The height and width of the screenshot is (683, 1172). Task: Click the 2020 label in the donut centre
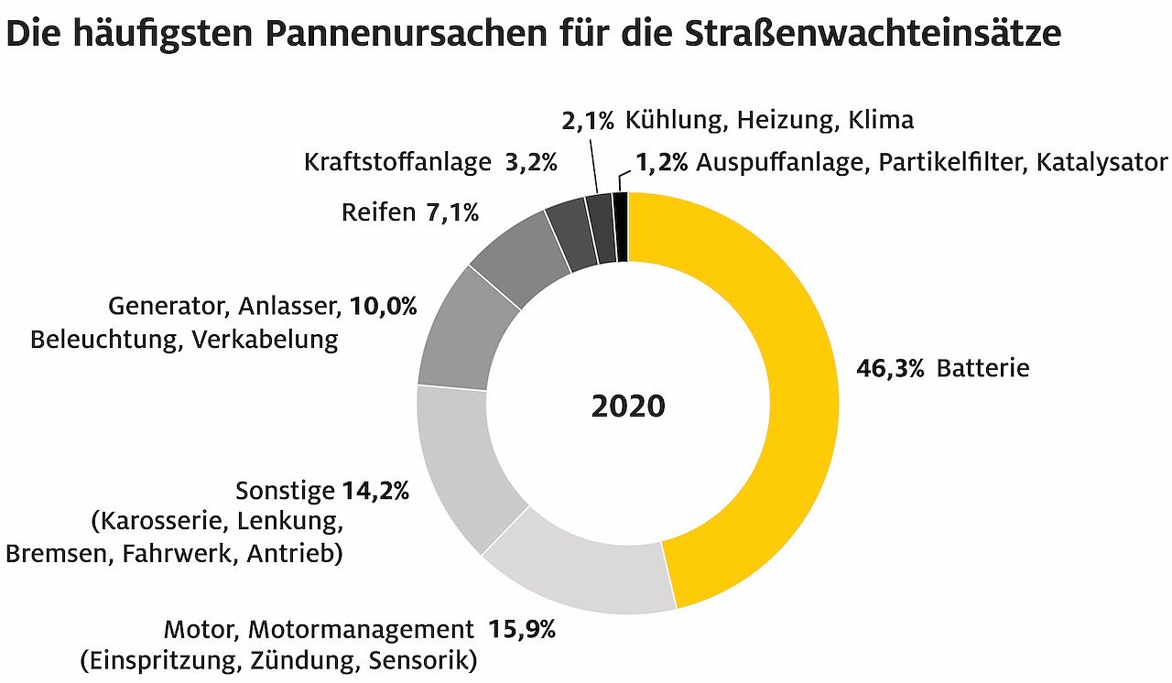click(x=628, y=406)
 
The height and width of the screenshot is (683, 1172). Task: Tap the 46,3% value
click(x=890, y=369)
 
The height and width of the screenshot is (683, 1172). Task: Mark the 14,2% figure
click(x=375, y=492)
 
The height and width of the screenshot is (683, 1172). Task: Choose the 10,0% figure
click(x=384, y=306)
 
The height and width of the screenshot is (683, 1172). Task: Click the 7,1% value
click(x=452, y=213)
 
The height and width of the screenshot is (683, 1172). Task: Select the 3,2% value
click(x=531, y=163)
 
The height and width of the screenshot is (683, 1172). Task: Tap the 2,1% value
click(x=586, y=120)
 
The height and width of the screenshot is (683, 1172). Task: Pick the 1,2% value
click(x=661, y=163)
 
